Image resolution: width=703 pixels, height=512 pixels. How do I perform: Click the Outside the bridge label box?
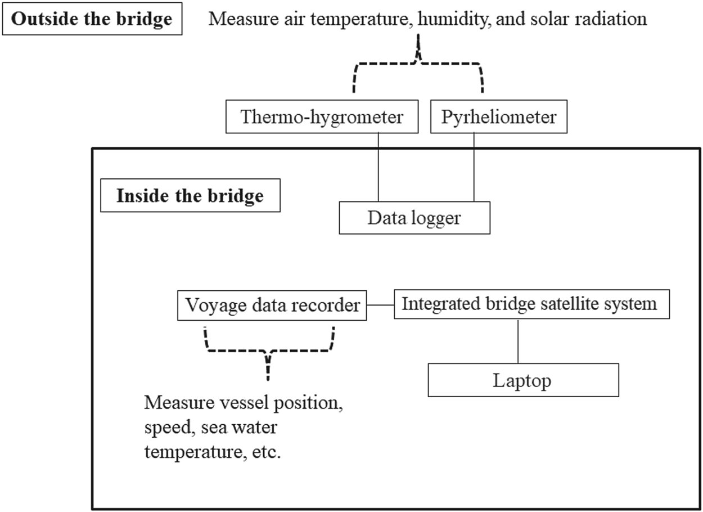(x=92, y=20)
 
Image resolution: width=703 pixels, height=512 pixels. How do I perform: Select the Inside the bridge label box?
(x=190, y=196)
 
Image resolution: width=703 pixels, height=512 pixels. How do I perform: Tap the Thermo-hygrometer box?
(x=322, y=118)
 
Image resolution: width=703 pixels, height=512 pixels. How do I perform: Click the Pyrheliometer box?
(x=498, y=118)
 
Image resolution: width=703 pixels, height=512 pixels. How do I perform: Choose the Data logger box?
(x=414, y=218)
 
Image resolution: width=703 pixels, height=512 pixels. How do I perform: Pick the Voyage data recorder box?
(x=272, y=305)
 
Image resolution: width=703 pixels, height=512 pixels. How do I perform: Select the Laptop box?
(x=523, y=381)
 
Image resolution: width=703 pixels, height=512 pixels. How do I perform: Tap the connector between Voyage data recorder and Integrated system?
(x=380, y=305)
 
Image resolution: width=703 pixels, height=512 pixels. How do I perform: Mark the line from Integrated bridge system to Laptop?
(x=517, y=340)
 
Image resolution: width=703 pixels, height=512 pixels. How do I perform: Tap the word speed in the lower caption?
(x=164, y=428)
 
